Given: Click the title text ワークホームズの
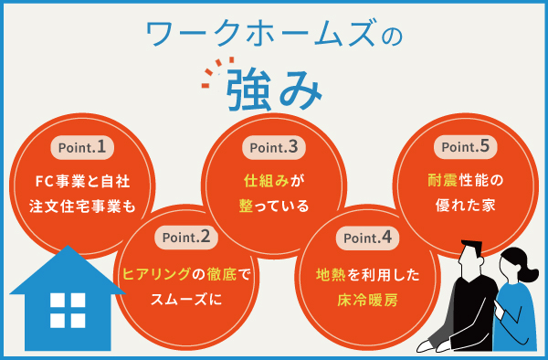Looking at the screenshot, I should (x=274, y=35).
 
